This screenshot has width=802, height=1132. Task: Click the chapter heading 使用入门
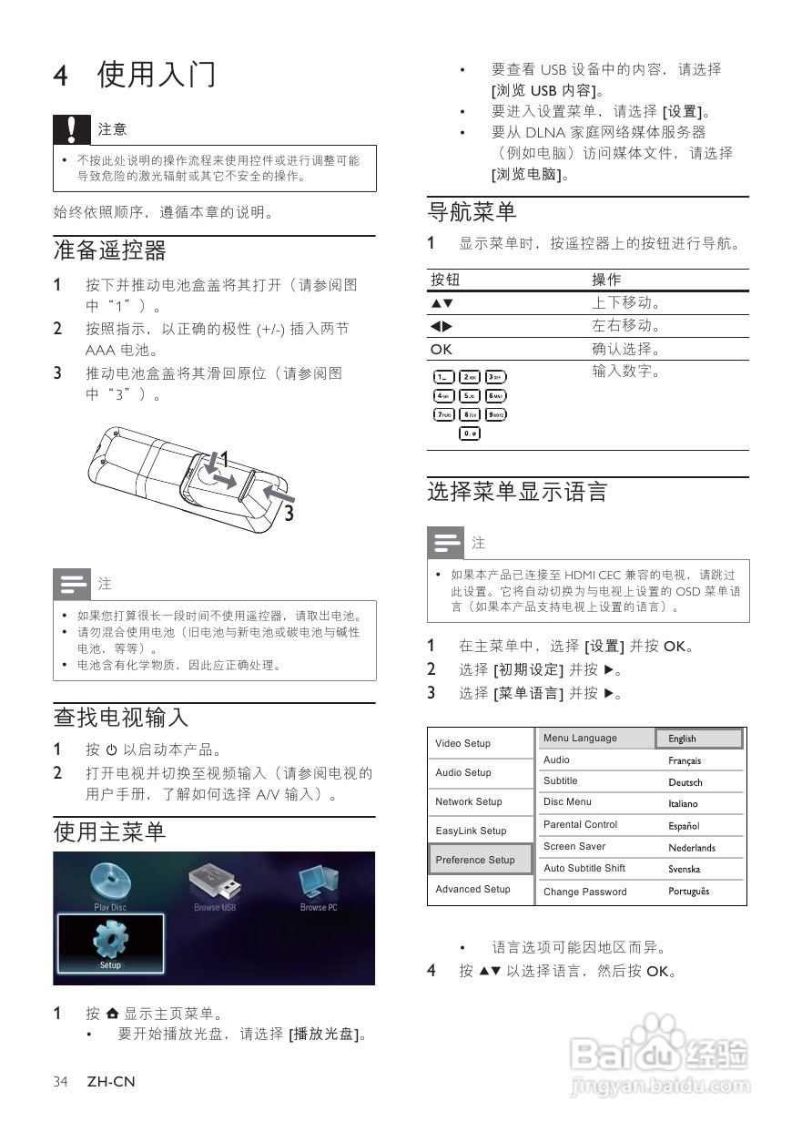click(x=157, y=74)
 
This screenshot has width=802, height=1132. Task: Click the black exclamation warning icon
click(x=72, y=129)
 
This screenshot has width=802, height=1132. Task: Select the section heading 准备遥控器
click(x=110, y=250)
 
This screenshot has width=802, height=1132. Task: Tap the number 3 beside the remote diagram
click(x=289, y=514)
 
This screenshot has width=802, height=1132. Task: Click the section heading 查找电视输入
click(x=121, y=717)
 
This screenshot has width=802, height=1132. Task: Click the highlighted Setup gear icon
click(x=110, y=942)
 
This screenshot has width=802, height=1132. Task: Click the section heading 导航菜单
click(x=472, y=212)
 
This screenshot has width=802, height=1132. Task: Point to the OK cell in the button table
click(x=442, y=349)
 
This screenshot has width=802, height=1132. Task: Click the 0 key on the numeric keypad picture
click(x=469, y=433)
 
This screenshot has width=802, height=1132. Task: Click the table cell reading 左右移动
click(x=625, y=326)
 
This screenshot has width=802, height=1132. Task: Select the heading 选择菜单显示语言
click(x=517, y=493)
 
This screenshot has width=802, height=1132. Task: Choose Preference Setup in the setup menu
click(x=475, y=860)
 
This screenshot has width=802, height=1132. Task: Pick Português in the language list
click(x=689, y=892)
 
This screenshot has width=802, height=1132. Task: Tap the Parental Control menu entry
click(x=580, y=824)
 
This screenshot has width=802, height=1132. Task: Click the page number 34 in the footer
click(x=61, y=1082)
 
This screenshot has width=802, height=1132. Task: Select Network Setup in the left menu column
click(x=469, y=801)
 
